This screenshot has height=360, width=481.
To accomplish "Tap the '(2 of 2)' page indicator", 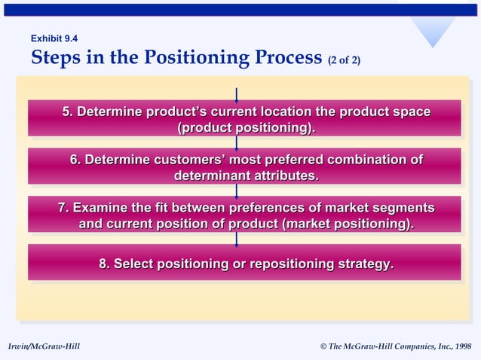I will tap(344, 59).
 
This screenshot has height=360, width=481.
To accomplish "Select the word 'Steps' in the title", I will tap(55, 58).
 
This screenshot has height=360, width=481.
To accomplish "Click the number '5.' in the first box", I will tap(68, 112).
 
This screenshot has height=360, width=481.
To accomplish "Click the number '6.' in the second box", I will tap(75, 160).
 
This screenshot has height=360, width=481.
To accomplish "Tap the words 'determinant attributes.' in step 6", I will tap(246, 175).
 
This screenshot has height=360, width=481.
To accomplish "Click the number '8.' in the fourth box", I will tap(105, 264).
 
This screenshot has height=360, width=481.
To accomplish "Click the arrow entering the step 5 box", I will tap(237, 94).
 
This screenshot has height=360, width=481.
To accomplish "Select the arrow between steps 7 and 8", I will tap(237, 239).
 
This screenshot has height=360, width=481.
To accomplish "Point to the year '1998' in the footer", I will tap(461, 346).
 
